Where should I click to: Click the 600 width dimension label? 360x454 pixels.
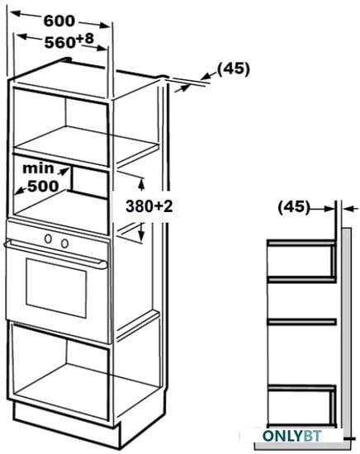(x=59, y=21)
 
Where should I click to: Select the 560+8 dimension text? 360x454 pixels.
(x=69, y=40)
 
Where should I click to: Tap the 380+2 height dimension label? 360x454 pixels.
(x=149, y=206)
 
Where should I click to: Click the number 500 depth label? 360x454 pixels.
(x=43, y=186)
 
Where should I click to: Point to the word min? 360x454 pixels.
(x=38, y=168)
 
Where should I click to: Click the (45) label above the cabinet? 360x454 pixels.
(x=233, y=69)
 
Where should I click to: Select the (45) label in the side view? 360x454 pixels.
(x=294, y=207)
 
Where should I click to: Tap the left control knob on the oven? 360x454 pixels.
(x=48, y=239)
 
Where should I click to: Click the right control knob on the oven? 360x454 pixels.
(x=65, y=244)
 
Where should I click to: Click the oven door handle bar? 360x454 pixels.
(x=55, y=254)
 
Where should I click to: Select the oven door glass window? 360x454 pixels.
(x=56, y=288)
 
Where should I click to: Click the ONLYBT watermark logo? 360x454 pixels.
(x=291, y=436)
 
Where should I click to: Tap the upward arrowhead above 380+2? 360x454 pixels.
(x=141, y=184)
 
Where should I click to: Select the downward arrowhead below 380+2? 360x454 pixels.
(x=141, y=234)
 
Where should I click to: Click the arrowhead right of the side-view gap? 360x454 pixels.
(x=348, y=209)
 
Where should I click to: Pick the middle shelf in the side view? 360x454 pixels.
(x=301, y=322)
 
